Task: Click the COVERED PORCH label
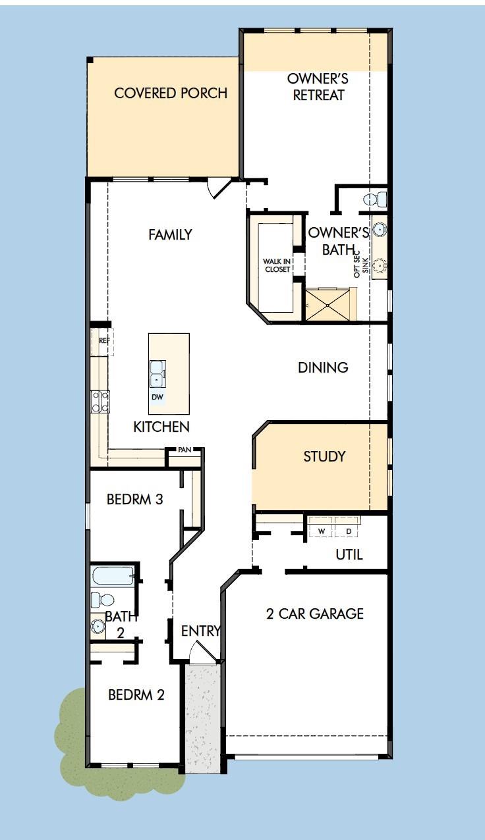pos(171,93)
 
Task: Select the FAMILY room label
pos(170,234)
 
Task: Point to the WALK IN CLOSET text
pos(277,265)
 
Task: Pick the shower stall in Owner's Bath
pos(330,304)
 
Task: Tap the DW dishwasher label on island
pos(157,397)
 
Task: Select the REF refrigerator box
pos(103,341)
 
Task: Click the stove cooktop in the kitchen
pos(100,402)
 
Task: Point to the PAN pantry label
pos(184,450)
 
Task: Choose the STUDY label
pos(324,456)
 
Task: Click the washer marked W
pos(322,531)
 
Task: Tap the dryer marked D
pos(349,531)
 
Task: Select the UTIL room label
pos(349,554)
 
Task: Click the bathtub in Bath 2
pos(113,577)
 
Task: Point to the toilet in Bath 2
pos(102,600)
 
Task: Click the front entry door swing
pos(198,654)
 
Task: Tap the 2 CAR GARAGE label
pos(314,614)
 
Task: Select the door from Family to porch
pos(219,188)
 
